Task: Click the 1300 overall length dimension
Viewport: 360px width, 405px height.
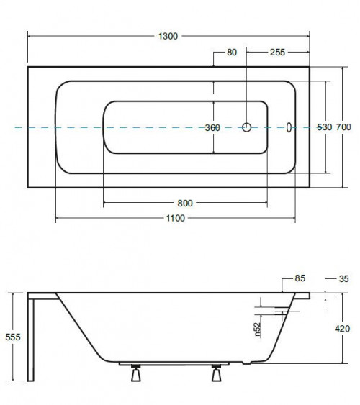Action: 168,36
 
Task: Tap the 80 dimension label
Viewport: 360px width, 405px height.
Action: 232,53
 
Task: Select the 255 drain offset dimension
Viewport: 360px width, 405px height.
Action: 277,53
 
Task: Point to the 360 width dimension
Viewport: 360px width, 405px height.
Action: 212,127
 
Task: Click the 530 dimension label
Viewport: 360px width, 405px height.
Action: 324,127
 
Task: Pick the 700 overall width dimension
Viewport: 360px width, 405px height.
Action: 343,127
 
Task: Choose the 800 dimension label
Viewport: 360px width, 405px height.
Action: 185,204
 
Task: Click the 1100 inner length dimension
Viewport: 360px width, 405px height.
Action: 176,218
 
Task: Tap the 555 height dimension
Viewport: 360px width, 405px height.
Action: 13,337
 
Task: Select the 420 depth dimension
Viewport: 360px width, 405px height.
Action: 343,329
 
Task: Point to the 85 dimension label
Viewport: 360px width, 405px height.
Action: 300,278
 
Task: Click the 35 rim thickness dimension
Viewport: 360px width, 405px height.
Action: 343,278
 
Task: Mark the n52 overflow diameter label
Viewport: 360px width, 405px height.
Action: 258,329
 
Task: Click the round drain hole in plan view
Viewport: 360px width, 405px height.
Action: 246,127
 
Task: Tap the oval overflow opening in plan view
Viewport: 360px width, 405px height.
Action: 289,127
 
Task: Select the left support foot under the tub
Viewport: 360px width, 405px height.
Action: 135,373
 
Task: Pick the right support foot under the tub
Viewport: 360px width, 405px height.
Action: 216,373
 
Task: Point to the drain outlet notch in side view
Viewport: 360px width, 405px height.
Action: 246,363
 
